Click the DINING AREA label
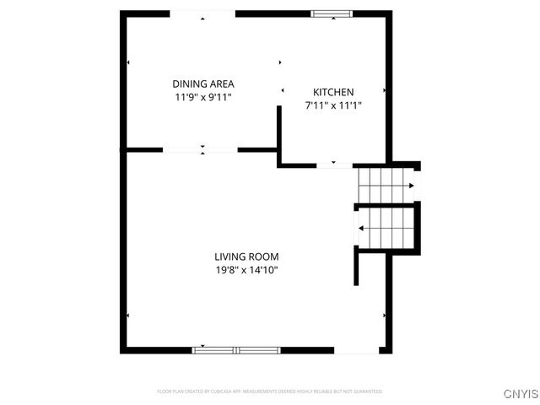click(202, 84)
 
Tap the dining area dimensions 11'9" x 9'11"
click(202, 97)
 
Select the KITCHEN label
click(333, 92)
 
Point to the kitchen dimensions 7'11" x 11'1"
click(333, 105)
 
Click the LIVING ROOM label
click(246, 256)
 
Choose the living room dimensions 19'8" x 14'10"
click(246, 270)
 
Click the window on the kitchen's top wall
click(331, 13)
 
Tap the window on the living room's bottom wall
click(236, 349)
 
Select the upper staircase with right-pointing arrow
click(386, 185)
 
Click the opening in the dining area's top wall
click(202, 13)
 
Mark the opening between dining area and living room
click(201, 150)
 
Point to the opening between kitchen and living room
click(334, 165)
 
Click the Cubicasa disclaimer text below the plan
click(270, 391)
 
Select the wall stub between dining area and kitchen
click(278, 127)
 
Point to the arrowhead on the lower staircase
click(360, 228)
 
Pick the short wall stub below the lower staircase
click(356, 267)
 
